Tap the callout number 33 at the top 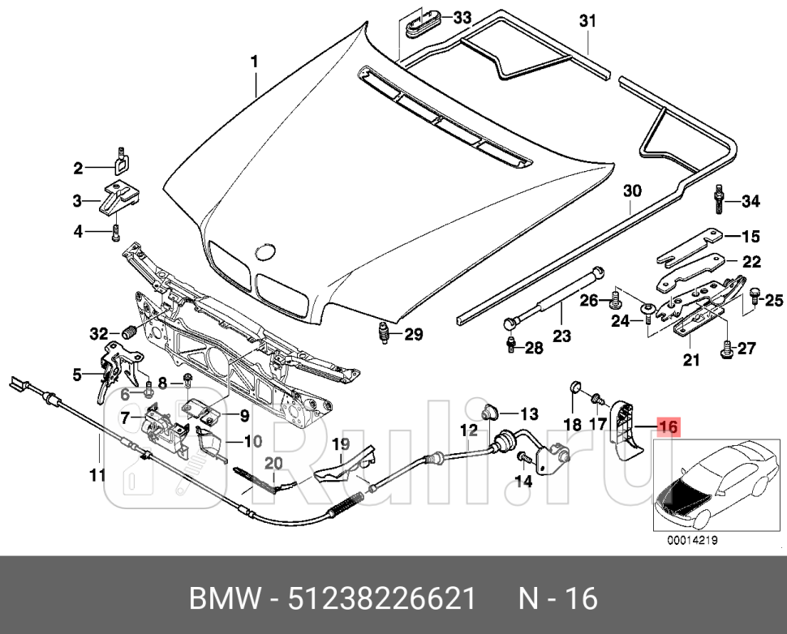point(462,18)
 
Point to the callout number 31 point(587,21)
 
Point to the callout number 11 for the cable point(97,476)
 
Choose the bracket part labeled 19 point(345,466)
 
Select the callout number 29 point(414,335)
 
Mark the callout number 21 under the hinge point(691,361)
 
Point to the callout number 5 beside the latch point(77,375)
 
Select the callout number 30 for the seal point(632,191)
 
